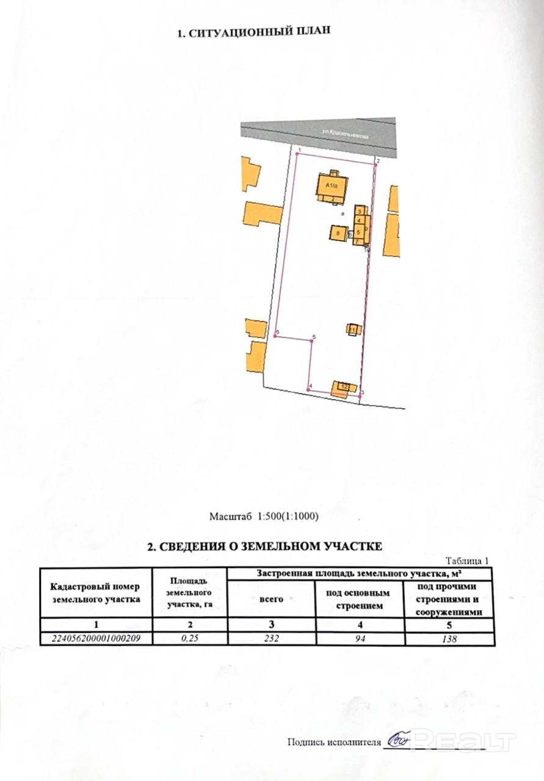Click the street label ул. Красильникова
346,134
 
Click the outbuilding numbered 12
344,387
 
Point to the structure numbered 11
353,329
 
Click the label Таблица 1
468,560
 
